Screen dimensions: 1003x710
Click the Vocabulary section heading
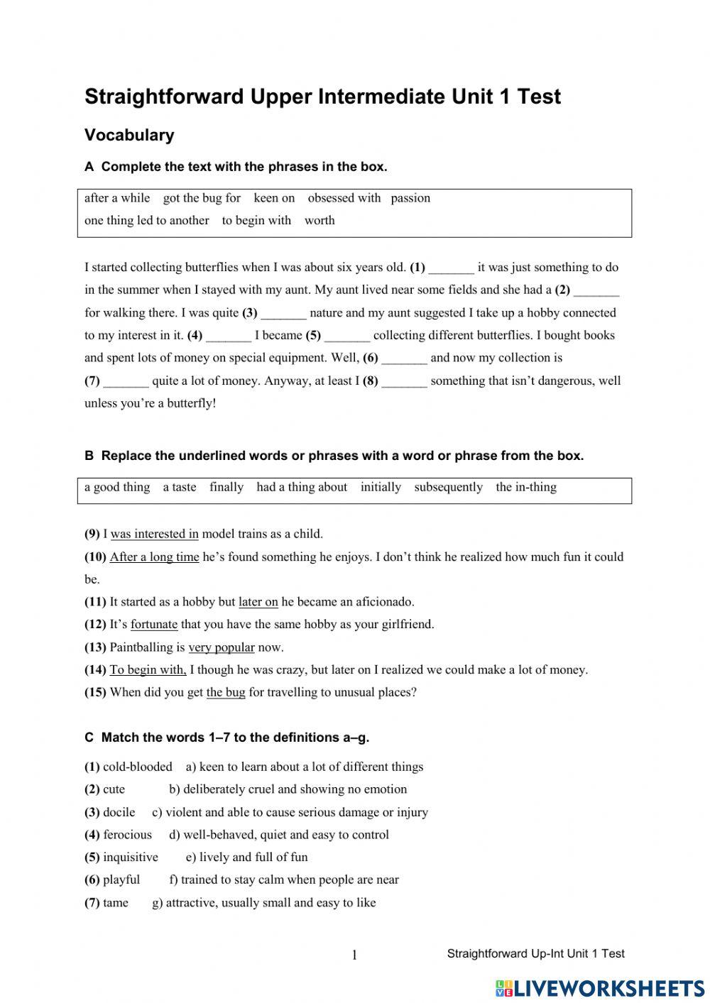129,135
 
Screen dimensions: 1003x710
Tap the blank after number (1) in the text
452,268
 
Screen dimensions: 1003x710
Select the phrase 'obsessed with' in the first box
344,198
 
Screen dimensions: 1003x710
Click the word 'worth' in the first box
319,220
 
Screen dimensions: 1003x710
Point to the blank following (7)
126,382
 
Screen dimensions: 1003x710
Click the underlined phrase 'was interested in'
154,534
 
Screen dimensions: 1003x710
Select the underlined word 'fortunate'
154,625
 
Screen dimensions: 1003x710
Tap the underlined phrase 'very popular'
221,647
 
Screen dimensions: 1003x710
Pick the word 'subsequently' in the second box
448,487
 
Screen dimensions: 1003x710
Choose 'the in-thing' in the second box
526,487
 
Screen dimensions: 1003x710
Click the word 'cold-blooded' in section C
138,767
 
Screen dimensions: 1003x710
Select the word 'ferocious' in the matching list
127,835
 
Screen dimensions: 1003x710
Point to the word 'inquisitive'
131,857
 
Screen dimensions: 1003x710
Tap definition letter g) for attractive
158,903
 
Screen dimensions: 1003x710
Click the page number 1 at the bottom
354,955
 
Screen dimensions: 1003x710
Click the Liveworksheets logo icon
504,988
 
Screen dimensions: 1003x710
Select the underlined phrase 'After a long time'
154,557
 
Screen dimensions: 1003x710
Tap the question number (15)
95,692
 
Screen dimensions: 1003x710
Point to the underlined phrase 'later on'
258,602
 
